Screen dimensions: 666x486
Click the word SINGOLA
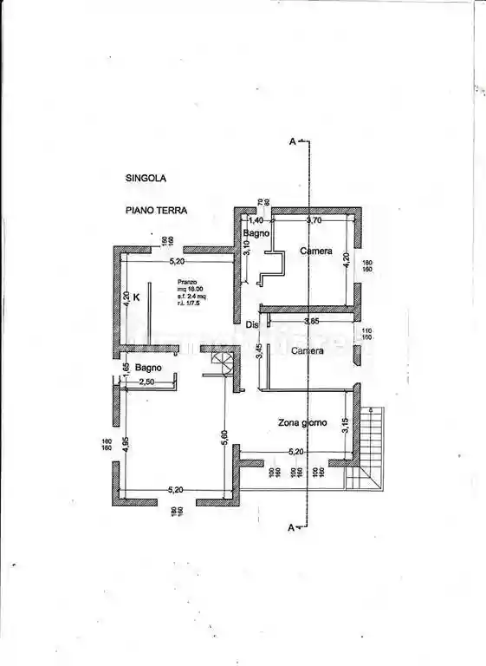146,179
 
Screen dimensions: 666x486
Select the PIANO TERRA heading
156,210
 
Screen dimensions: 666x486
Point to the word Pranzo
187,282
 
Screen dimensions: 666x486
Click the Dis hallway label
251,325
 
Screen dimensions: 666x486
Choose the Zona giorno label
302,422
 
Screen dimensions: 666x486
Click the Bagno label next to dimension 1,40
257,234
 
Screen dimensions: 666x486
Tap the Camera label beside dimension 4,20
316,251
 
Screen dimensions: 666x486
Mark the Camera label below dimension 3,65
308,351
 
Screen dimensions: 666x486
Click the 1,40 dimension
256,220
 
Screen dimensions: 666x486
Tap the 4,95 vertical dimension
126,442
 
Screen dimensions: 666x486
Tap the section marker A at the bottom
293,526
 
